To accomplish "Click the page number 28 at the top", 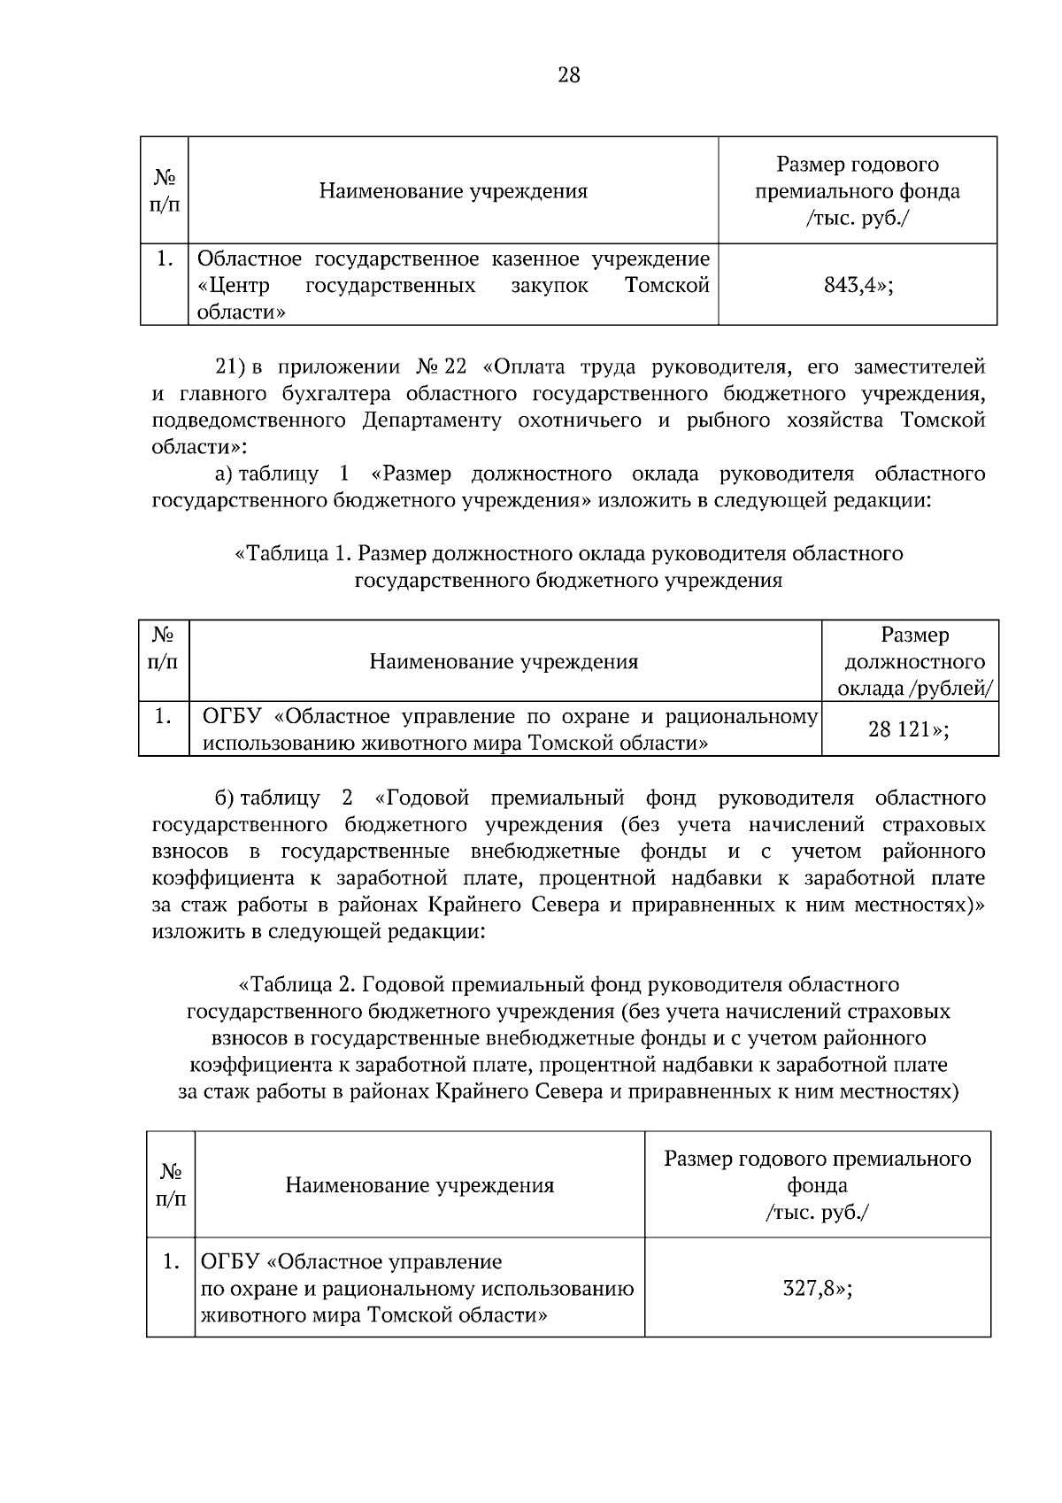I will coord(568,75).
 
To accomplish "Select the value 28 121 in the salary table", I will coord(903,729).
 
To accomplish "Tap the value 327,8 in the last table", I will coord(811,1288).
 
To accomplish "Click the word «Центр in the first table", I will coord(234,286).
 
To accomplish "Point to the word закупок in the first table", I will coord(549,286).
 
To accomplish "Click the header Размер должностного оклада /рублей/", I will coord(914,661).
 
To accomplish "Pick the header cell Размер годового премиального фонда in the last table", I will coord(817,1184).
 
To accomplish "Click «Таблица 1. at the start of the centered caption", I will coord(293,554).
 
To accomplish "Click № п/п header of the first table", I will coord(165,190).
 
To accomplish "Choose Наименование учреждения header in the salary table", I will coord(504,661).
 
